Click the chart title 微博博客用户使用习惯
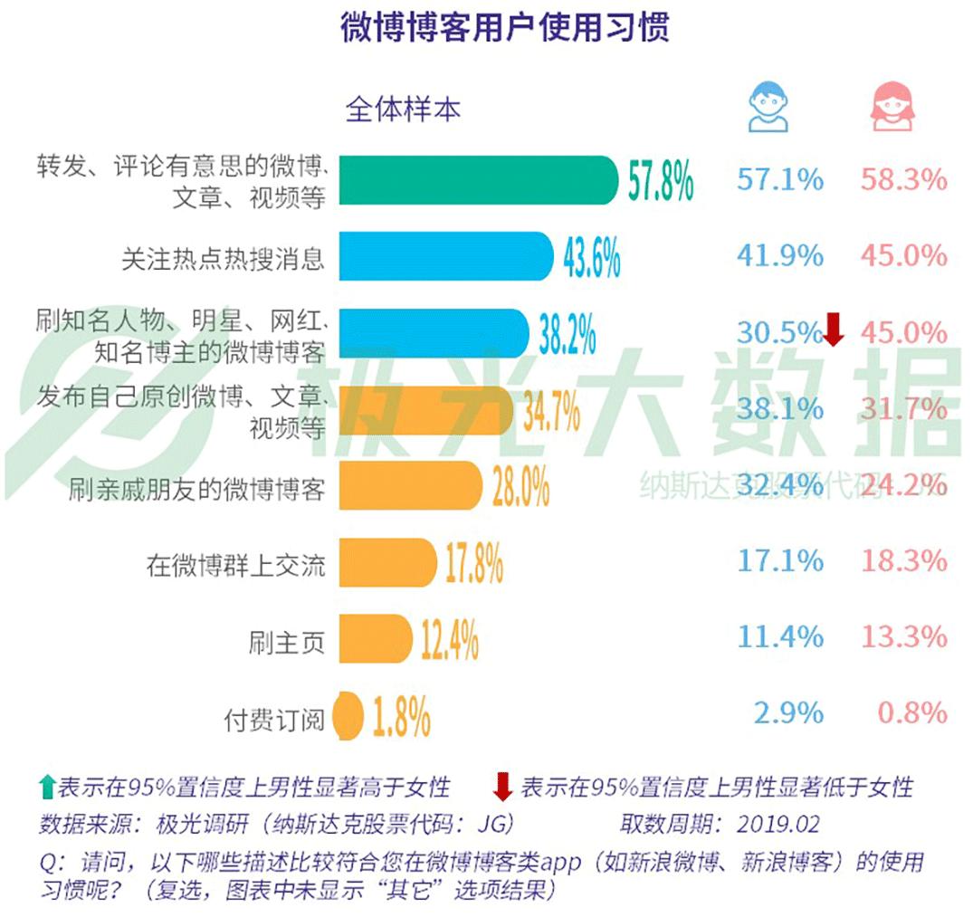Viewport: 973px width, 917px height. [504, 28]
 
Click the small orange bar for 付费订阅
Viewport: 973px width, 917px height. [348, 716]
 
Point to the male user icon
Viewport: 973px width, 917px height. [768, 107]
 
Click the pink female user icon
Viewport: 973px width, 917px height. [892, 107]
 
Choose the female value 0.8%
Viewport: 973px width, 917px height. [911, 713]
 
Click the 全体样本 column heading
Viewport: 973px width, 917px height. [402, 110]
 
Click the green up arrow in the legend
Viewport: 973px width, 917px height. [47, 786]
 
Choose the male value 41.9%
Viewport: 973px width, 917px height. [779, 256]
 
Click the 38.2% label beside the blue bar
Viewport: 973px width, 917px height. [568, 334]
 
